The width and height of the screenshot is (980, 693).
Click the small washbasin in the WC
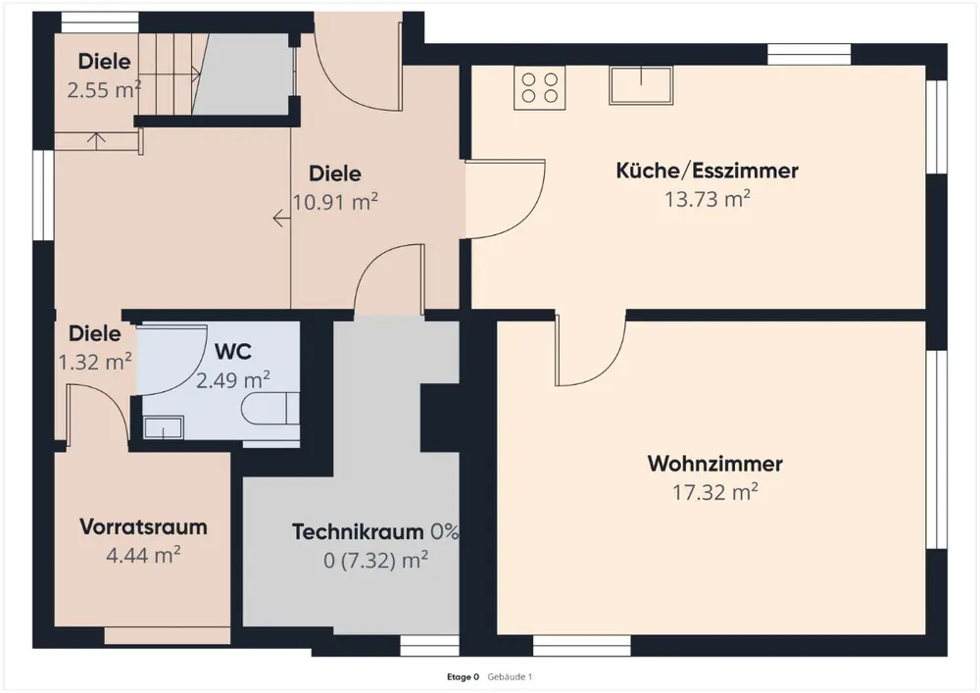(163, 426)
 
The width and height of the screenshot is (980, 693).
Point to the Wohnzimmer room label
(714, 463)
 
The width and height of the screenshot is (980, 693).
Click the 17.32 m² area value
(714, 492)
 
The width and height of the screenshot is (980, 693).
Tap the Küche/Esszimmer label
(707, 171)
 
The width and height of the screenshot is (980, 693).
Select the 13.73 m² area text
(707, 200)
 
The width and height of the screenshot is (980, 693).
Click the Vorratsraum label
(143, 526)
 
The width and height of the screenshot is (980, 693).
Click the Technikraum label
(359, 532)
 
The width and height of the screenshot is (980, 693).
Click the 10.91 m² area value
(335, 202)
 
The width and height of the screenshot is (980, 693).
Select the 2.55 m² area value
(104, 89)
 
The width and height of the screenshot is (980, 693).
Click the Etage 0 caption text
(463, 676)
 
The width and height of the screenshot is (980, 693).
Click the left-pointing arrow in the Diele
(282, 222)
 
